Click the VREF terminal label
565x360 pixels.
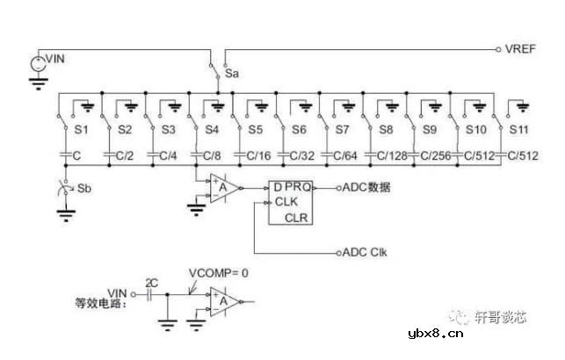(516, 48)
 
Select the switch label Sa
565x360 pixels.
(232, 74)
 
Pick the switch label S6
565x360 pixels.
(300, 130)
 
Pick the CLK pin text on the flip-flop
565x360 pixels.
(287, 201)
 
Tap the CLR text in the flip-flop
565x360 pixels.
(295, 217)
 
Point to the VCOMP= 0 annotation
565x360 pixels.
(220, 272)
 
